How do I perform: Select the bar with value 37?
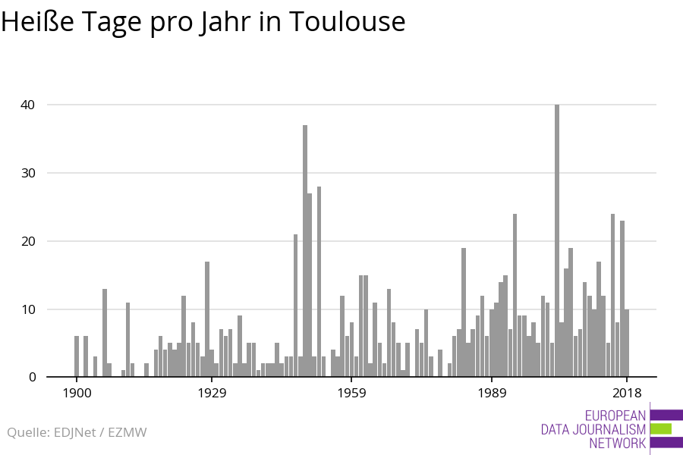305,250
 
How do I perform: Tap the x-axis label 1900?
77,393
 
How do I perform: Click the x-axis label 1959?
351,393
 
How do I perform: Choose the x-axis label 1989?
492,393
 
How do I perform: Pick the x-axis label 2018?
627,393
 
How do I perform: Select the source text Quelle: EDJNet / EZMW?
77,433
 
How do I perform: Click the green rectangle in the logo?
661,429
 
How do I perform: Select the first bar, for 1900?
77,356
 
